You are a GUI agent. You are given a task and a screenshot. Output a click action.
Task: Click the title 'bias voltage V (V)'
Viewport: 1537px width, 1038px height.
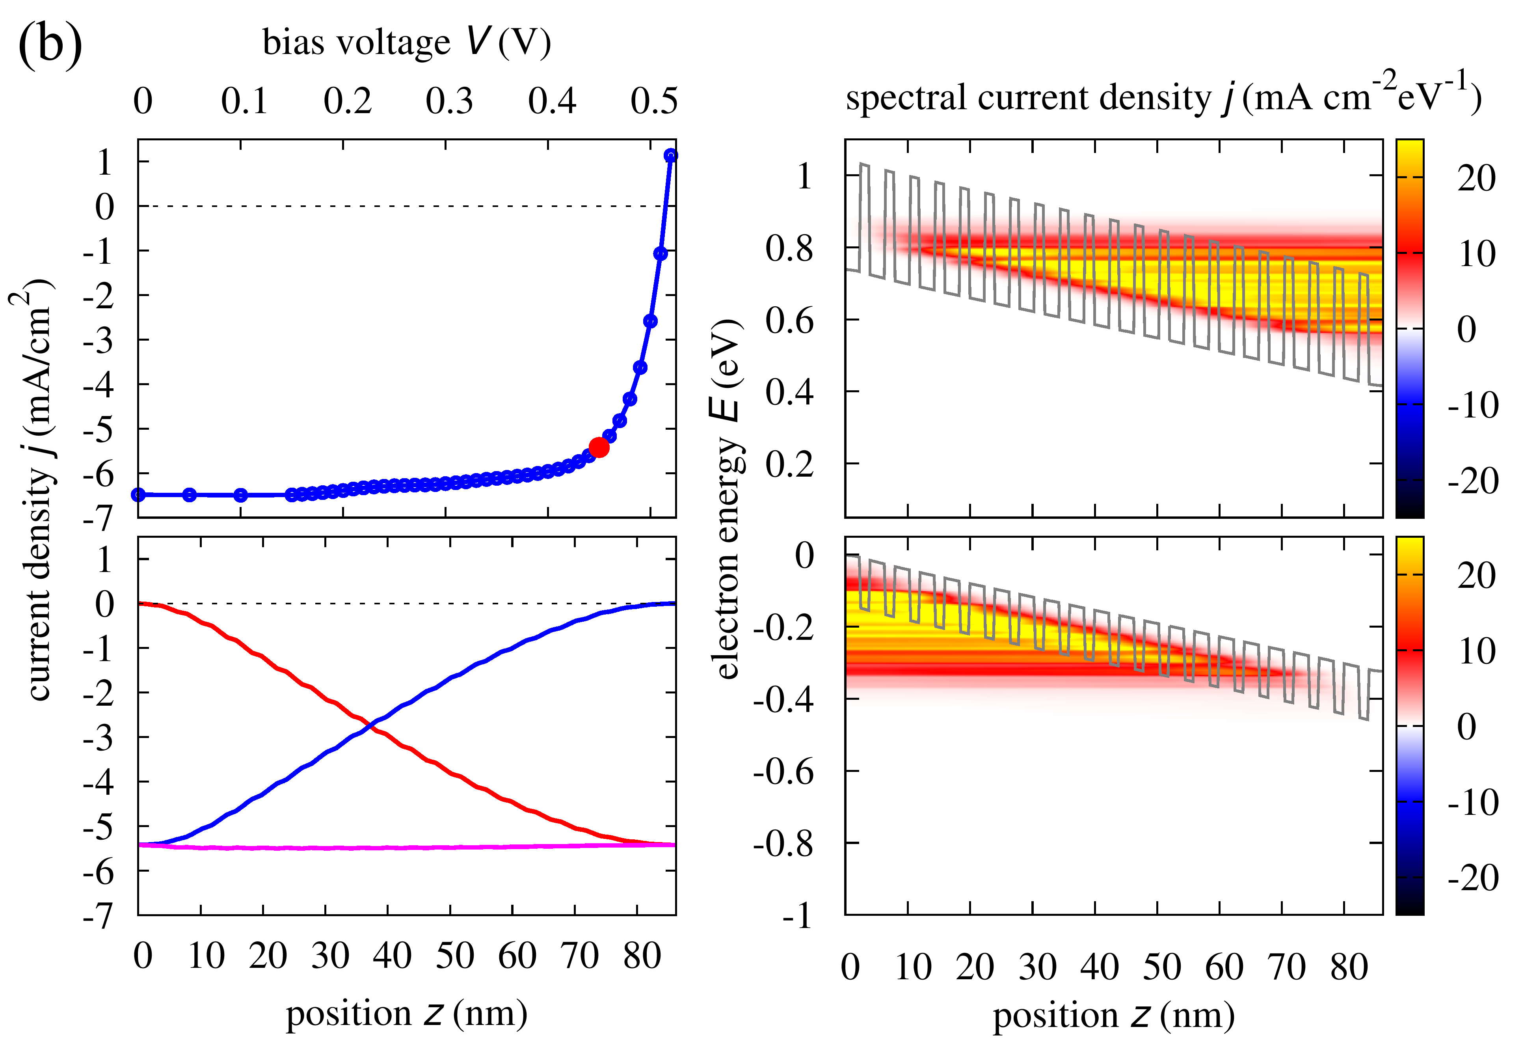407,43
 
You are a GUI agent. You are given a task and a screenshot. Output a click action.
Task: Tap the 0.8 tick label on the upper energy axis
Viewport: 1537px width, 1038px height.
790,250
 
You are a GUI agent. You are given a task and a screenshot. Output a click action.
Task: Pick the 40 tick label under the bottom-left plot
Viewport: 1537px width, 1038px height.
391,956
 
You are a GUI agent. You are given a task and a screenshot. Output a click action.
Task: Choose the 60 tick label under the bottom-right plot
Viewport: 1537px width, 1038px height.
1224,967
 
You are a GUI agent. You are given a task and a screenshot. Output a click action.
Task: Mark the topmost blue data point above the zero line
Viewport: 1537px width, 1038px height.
671,155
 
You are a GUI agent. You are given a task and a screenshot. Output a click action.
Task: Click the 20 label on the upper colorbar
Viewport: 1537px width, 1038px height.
1476,179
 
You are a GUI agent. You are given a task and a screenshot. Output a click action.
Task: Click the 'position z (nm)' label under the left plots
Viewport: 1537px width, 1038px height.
407,1014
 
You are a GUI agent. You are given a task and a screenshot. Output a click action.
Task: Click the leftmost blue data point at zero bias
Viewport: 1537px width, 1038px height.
138,495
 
